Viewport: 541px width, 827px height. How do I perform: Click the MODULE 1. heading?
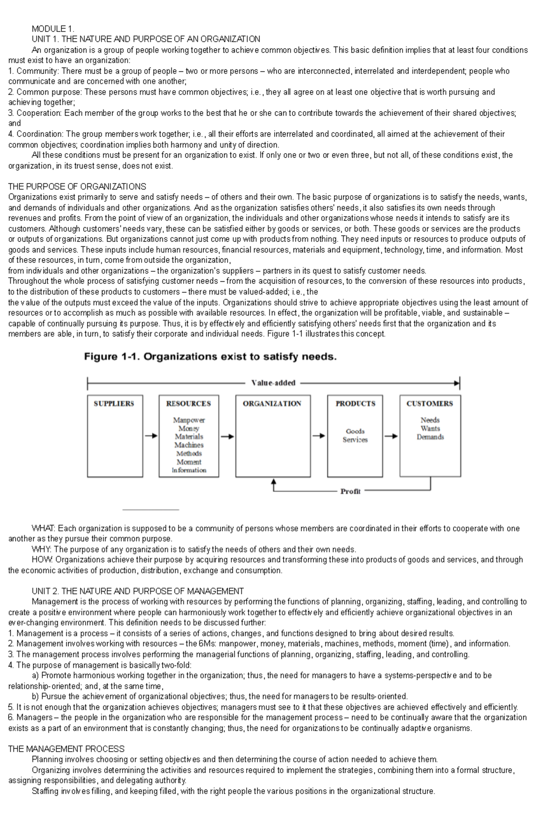click(53, 29)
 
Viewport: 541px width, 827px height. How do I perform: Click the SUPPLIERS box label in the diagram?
click(114, 403)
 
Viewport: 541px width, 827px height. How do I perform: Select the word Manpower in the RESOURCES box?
click(189, 420)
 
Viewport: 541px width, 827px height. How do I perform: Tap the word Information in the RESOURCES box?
click(189, 470)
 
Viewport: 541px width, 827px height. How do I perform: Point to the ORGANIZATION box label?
click(272, 403)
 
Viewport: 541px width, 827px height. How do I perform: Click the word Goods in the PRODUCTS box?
click(355, 431)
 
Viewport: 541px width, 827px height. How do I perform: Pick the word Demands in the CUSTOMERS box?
click(430, 437)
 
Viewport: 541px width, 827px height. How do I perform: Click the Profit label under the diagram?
click(350, 491)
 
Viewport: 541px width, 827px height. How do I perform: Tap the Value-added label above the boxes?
click(273, 383)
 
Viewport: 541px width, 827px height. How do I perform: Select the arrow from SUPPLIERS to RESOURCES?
click(151, 436)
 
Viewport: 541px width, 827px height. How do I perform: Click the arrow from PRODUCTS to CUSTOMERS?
click(391, 436)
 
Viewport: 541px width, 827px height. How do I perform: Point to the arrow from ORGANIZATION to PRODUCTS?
click(319, 436)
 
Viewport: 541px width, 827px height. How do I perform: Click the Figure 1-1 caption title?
click(211, 357)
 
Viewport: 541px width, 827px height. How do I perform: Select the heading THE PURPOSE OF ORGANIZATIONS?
click(77, 187)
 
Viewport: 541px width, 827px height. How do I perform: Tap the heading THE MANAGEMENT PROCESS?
click(66, 749)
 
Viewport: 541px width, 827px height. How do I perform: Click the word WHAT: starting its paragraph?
click(43, 528)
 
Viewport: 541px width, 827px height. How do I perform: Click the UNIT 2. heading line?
click(138, 591)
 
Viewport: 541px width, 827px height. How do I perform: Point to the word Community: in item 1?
click(37, 71)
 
